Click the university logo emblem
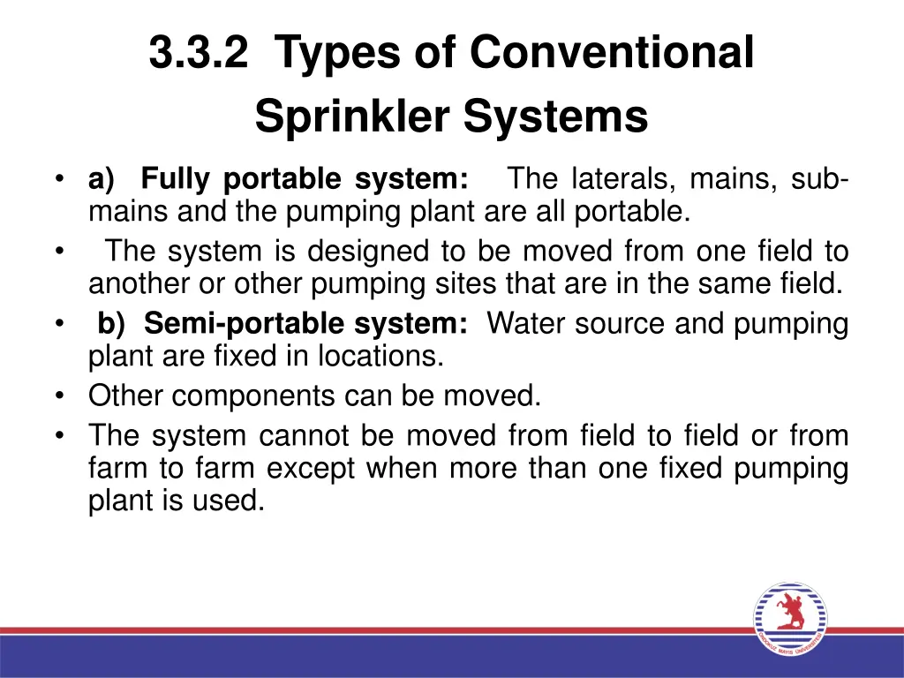[790, 621]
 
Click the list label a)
[102, 179]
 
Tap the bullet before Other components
[59, 396]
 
